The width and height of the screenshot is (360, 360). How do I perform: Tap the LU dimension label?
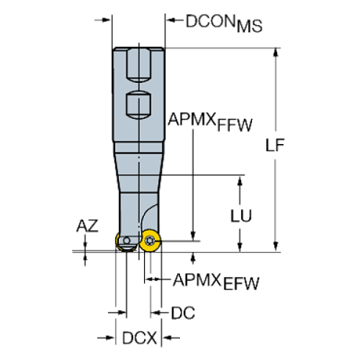click(242, 215)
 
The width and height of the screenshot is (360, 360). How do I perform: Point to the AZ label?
click(87, 227)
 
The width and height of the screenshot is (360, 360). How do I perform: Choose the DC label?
click(183, 314)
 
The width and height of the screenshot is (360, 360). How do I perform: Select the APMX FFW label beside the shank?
click(209, 121)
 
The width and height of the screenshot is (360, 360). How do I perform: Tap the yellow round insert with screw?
click(150, 240)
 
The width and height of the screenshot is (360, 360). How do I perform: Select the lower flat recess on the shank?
click(138, 106)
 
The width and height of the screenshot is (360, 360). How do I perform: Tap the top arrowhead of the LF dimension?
click(276, 52)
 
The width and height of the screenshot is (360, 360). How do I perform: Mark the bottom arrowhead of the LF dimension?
click(276, 245)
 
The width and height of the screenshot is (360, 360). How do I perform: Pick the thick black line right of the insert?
click(181, 240)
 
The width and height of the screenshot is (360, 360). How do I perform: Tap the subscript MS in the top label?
click(252, 29)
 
